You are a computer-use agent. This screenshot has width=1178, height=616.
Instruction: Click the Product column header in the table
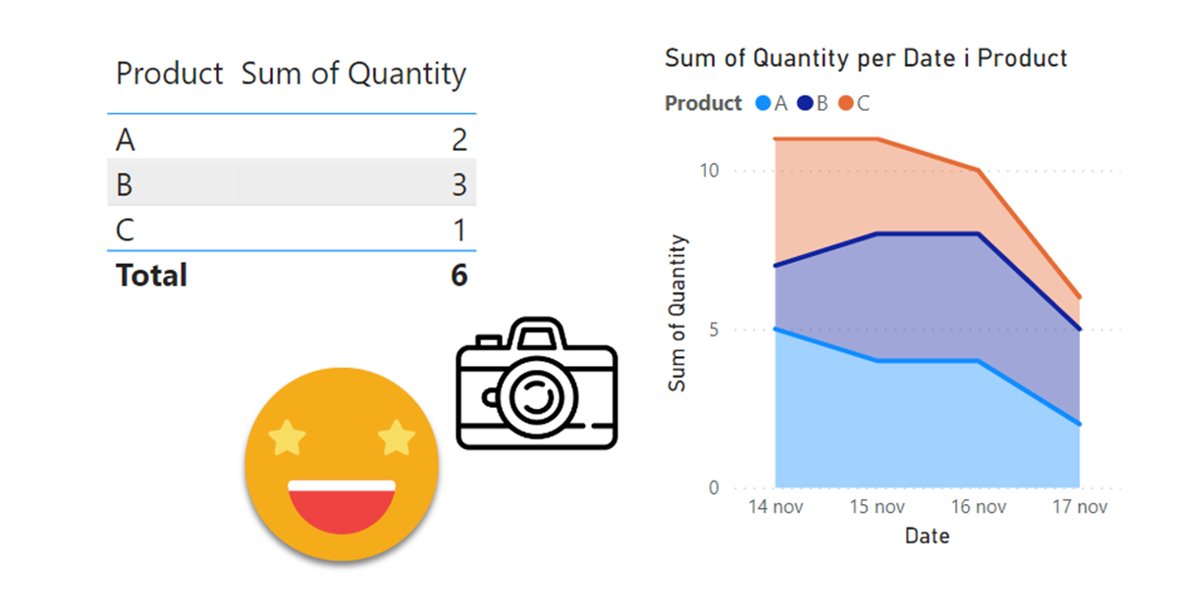[170, 74]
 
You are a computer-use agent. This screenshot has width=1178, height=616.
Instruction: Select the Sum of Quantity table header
[353, 74]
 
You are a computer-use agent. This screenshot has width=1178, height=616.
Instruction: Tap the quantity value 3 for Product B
[459, 185]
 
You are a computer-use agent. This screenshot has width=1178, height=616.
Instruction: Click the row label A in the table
[125, 141]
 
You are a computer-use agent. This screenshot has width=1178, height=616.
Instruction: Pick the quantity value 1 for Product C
[459, 231]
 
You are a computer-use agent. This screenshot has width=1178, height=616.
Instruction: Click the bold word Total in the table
[151, 276]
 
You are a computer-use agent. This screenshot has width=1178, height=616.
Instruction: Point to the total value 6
[458, 276]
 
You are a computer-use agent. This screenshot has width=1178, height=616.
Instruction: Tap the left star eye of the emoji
[287, 438]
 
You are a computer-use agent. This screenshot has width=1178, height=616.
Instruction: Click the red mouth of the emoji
[342, 507]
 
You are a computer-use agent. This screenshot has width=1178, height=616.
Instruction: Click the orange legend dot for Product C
[846, 103]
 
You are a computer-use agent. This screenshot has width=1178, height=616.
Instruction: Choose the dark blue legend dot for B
[805, 103]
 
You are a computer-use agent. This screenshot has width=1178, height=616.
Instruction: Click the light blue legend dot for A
[763, 103]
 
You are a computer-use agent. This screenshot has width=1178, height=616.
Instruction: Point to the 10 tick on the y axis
[708, 171]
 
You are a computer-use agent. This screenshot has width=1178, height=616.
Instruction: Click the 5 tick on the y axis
[713, 330]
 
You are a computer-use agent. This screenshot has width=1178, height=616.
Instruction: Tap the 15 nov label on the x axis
[876, 507]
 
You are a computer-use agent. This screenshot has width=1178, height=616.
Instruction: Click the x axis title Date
[927, 537]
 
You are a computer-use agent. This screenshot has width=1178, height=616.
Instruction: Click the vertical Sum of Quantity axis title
[677, 314]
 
